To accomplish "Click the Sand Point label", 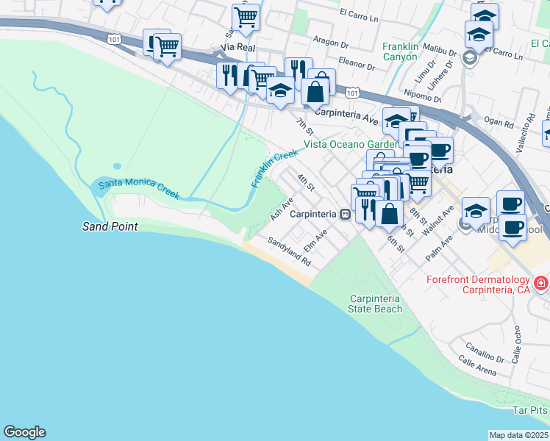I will point(109,226).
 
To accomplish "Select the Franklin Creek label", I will point(274,168).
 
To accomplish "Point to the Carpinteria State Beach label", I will point(376,304).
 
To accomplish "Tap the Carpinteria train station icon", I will point(344,214).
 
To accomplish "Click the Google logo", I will point(24,432).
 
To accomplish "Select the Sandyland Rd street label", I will point(289,251).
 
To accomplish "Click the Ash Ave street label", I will point(282,209).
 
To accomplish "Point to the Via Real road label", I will point(237,47).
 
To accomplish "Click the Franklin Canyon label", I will point(410,51).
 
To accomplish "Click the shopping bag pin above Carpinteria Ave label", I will point(315,92).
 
